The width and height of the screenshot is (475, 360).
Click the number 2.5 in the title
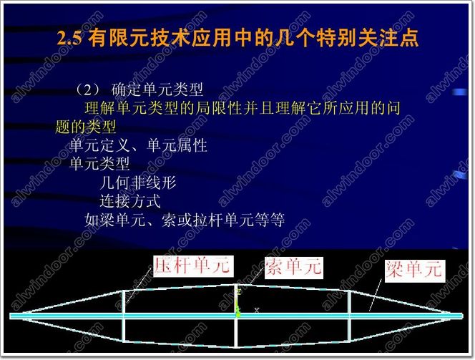[69, 39]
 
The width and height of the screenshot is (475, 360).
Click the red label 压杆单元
[193, 266]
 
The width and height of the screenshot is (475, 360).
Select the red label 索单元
[293, 267]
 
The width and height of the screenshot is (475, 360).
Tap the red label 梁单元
[415, 271]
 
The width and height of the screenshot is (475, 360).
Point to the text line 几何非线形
[138, 183]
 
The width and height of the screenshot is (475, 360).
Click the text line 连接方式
[130, 201]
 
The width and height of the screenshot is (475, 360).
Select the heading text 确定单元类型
[157, 89]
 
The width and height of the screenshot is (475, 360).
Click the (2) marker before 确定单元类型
[88, 89]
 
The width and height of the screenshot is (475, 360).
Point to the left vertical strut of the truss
[123, 316]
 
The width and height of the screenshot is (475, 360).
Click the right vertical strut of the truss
[349, 316]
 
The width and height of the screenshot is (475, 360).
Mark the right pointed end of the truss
[454, 315]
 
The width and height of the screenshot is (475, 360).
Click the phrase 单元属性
[177, 145]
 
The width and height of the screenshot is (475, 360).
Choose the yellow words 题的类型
[85, 127]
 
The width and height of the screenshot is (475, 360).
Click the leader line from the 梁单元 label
[375, 295]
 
